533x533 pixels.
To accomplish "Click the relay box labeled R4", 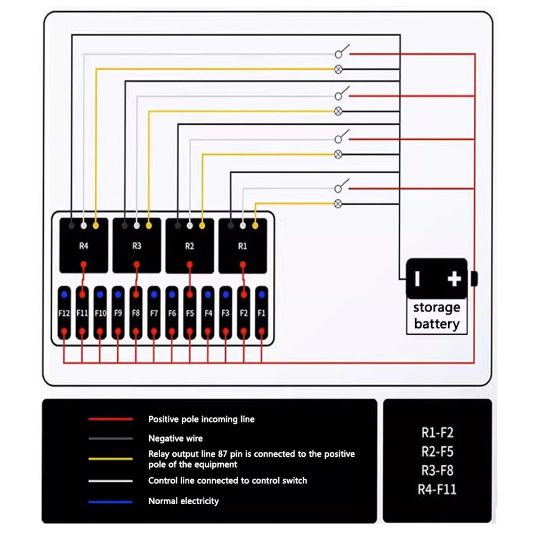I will (x=83, y=246).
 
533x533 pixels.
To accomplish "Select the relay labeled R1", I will (x=243, y=246).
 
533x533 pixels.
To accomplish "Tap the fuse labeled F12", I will (x=64, y=313).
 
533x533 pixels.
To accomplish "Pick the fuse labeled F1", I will (x=261, y=313).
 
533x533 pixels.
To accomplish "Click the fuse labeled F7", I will (x=154, y=313).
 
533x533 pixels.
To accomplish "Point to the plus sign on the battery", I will (x=454, y=279).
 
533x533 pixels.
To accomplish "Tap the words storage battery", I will (x=437, y=316).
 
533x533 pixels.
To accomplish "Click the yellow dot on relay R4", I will (x=96, y=225).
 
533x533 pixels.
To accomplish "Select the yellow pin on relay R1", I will (x=255, y=225).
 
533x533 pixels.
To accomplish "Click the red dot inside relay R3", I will (x=136, y=264).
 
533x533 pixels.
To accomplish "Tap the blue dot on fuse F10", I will (x=100, y=293).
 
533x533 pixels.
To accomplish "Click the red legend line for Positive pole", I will (x=111, y=419).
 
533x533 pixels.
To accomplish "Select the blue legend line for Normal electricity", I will (x=111, y=501).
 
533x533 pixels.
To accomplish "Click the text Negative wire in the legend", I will (x=175, y=439).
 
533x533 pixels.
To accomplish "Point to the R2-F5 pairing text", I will (x=438, y=452).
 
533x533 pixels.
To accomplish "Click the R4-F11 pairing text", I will (x=438, y=489).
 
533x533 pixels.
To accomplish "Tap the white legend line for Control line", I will (x=111, y=481).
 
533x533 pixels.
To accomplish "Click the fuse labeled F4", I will (x=208, y=313).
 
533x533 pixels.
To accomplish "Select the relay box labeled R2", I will (x=190, y=246).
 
